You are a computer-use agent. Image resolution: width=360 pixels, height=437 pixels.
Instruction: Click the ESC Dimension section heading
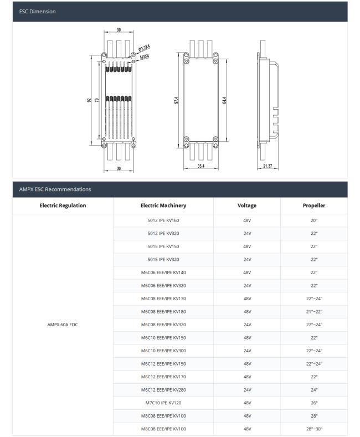37,11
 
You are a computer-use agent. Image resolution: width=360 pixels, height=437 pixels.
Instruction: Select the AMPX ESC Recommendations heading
55,189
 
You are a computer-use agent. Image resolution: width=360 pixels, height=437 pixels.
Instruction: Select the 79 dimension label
97,101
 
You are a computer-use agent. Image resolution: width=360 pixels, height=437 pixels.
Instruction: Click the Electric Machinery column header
163,205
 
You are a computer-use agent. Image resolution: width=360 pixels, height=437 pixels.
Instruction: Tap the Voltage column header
246,205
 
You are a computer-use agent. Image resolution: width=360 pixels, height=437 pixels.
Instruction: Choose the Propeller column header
313,205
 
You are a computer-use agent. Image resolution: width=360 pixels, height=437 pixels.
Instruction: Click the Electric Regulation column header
63,205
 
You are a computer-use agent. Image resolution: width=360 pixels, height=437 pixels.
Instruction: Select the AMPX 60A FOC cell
63,325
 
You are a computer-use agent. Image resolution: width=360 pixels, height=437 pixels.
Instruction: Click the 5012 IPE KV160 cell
163,220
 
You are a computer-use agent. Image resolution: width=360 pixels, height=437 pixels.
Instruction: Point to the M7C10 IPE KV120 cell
163,403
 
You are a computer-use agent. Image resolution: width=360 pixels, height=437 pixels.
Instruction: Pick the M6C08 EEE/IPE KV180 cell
163,311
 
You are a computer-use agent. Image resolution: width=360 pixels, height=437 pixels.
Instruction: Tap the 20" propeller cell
313,220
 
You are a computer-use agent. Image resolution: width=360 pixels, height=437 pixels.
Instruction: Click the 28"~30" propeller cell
313,429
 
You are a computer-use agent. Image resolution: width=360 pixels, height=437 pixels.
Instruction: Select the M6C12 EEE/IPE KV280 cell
163,389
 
